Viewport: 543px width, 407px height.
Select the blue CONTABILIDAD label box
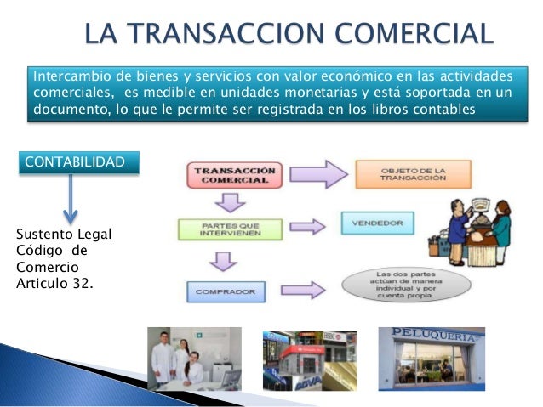coord(77,161)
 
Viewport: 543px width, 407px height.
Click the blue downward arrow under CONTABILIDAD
coord(71,201)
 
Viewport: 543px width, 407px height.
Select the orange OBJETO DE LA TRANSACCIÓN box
coord(400,174)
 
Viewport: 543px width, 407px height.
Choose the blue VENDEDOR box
coord(377,224)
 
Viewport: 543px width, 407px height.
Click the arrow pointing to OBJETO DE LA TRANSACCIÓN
coord(319,174)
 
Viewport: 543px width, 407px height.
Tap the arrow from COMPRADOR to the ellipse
coord(309,289)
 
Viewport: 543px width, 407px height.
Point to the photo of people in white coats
coord(193,359)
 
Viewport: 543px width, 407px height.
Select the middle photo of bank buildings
coord(310,360)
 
